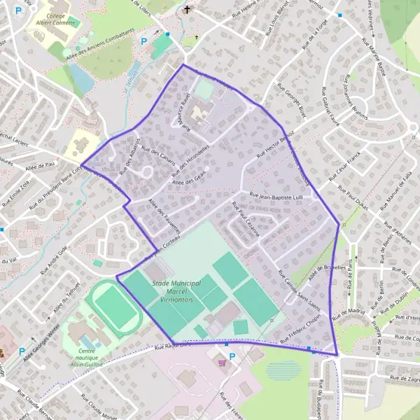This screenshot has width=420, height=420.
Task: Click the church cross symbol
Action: [186, 10]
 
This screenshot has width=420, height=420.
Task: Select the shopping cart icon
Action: [223, 363]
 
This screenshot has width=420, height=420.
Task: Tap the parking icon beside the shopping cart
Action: [232, 356]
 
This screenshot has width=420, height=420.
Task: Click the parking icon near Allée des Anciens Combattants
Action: [145, 41]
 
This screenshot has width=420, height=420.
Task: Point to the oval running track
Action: [115, 305]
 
